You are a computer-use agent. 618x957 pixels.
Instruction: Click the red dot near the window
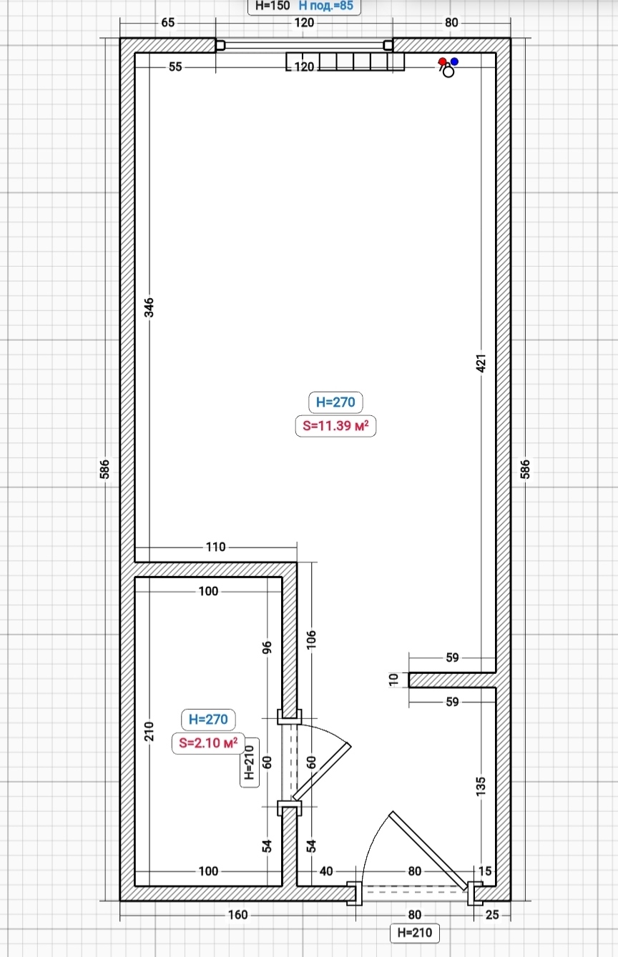(x=442, y=61)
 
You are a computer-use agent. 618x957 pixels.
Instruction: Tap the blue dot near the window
(x=454, y=61)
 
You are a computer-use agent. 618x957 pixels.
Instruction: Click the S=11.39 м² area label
(x=335, y=426)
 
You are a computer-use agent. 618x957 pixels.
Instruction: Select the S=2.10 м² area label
(x=208, y=743)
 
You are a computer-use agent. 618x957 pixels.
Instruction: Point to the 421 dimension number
(x=481, y=363)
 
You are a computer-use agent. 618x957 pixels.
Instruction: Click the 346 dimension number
(x=148, y=307)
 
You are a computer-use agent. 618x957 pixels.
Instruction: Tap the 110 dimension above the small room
(x=215, y=547)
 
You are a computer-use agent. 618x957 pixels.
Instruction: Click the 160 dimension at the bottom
(x=237, y=915)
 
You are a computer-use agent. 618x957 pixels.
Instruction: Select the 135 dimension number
(x=481, y=786)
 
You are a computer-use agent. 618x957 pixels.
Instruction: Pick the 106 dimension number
(x=311, y=640)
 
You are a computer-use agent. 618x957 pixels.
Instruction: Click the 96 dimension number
(x=267, y=648)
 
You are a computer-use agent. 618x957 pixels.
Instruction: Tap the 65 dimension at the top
(x=167, y=23)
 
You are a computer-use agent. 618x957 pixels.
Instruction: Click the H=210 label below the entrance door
(x=414, y=932)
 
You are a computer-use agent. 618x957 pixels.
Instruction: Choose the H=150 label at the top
(x=273, y=6)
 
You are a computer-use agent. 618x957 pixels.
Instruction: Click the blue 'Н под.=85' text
(x=326, y=6)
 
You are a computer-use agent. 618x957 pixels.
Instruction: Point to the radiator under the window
(x=345, y=61)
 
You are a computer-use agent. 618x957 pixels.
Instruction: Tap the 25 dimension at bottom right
(x=492, y=915)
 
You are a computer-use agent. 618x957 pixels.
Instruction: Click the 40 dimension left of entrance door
(x=326, y=871)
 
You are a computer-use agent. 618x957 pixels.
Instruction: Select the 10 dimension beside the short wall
(x=393, y=680)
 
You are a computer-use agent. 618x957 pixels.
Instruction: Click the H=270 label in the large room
(x=335, y=402)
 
